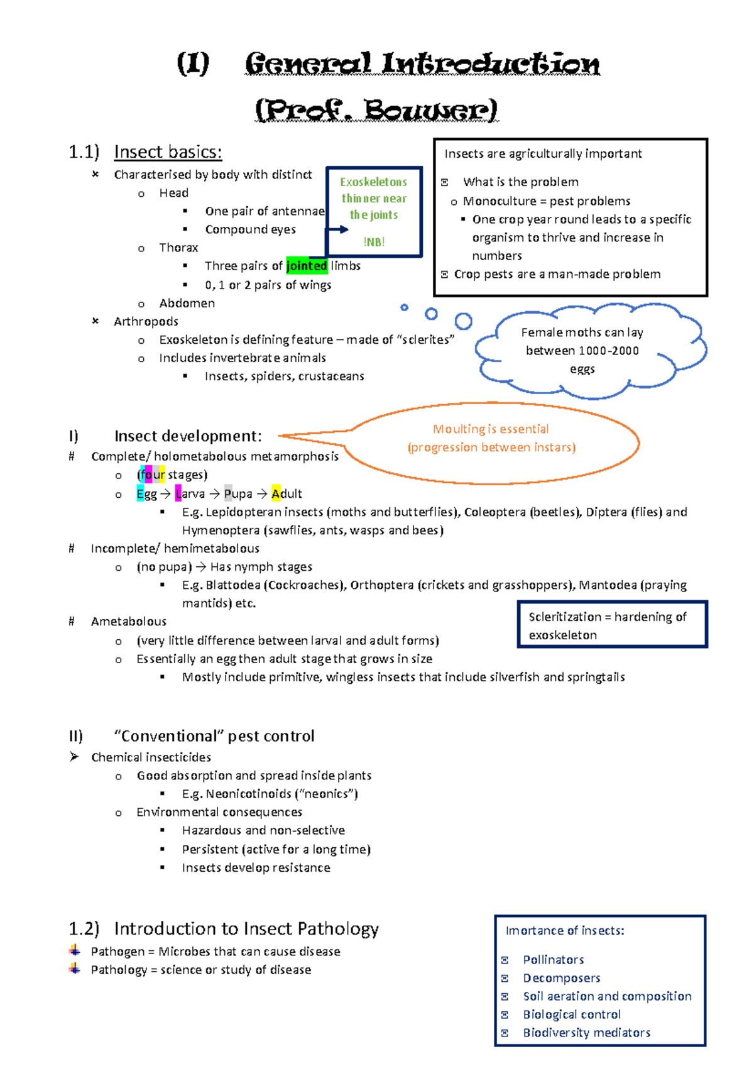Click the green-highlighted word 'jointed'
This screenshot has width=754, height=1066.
point(307,266)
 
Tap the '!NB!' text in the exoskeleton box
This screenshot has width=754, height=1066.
point(374,242)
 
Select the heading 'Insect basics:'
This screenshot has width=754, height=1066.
point(168,152)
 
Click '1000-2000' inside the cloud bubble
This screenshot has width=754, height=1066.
point(608,351)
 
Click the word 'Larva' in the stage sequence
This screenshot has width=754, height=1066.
point(190,494)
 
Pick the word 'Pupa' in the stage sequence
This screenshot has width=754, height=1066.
point(238,494)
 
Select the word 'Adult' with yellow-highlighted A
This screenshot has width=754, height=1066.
point(287,494)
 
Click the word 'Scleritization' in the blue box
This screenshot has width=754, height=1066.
point(565,617)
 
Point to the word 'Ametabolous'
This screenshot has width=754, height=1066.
point(129,622)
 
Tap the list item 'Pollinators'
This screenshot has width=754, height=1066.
point(554,960)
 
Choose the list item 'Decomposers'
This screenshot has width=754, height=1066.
point(562,978)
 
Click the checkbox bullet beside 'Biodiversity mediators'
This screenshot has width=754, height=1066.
point(505,1033)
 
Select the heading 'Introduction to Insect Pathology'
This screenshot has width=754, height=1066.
point(246,929)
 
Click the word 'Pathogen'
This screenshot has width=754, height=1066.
point(118,952)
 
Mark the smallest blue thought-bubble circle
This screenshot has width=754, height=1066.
point(404,307)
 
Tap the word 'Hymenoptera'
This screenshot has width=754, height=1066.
point(221,530)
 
